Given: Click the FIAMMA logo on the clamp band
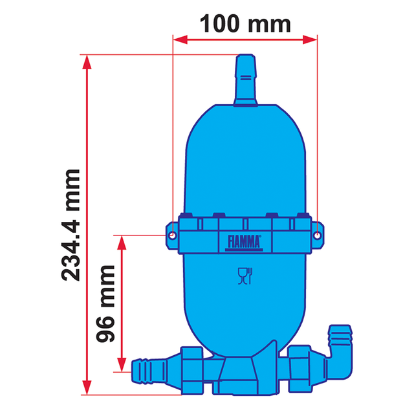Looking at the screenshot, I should pos(244,242).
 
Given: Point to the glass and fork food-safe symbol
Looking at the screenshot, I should pos(244,276).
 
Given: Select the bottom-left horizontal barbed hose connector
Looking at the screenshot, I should pos(150,371).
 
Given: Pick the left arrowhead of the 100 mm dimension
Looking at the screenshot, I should pos(178,40).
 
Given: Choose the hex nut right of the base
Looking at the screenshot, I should pos(301,367).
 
